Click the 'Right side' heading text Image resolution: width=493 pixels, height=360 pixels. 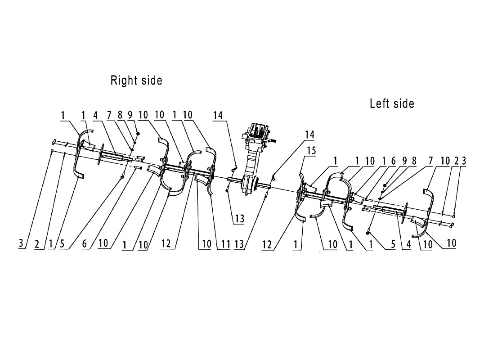point(136,81)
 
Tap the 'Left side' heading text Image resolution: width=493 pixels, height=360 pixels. point(392,103)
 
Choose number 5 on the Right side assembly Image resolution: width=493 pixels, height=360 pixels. point(61,244)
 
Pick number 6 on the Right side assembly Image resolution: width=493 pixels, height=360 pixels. point(85,244)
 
